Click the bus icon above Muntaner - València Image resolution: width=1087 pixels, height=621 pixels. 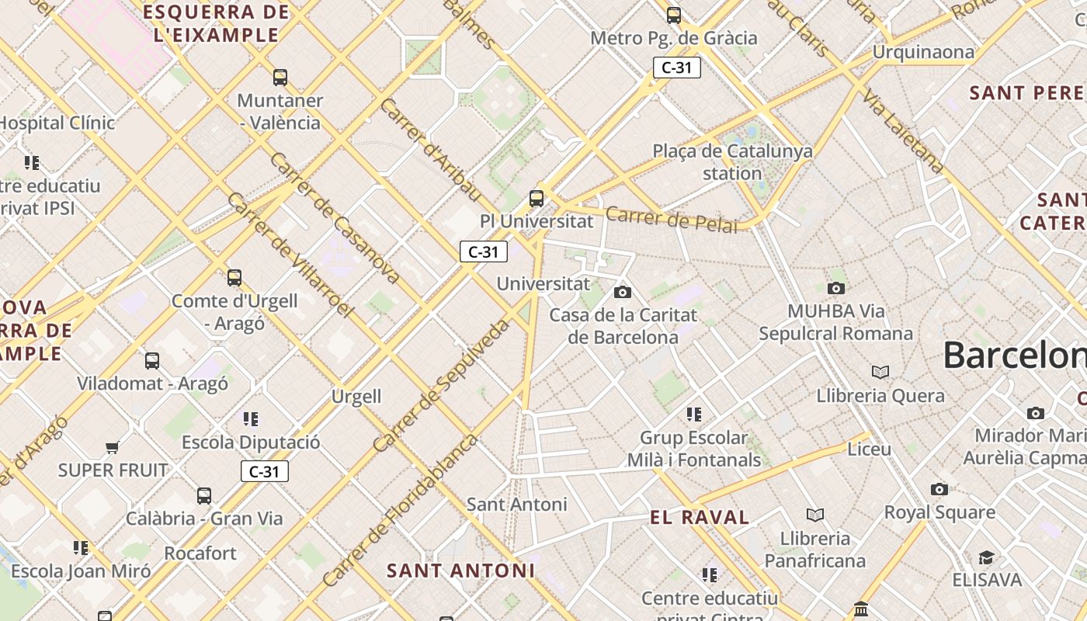[x=280, y=78]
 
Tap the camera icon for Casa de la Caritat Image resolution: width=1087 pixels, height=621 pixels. [x=623, y=293]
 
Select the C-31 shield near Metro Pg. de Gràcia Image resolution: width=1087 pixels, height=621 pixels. [x=677, y=68]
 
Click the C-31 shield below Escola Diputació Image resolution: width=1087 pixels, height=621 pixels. [x=264, y=471]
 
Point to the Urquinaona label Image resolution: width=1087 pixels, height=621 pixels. [x=923, y=52]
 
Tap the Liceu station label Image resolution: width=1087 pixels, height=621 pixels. [x=869, y=449]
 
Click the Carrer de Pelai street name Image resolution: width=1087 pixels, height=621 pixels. [x=671, y=219]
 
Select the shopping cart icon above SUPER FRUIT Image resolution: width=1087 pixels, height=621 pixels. [x=113, y=447]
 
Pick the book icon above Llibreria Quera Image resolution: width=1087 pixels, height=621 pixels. [x=880, y=373]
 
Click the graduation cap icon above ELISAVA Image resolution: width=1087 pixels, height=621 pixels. [x=986, y=557]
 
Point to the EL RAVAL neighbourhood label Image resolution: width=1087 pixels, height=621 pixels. [x=700, y=517]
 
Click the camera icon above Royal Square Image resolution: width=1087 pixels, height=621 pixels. [x=939, y=489]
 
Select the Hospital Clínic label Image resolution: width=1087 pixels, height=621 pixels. [x=57, y=123]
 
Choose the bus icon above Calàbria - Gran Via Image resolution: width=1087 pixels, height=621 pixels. [x=204, y=495]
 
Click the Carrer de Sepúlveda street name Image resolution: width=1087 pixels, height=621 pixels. [x=442, y=386]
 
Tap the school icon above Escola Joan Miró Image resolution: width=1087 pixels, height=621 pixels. [x=81, y=548]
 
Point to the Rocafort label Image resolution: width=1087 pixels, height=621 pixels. [x=200, y=553]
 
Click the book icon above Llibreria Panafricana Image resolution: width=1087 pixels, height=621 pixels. [x=815, y=515]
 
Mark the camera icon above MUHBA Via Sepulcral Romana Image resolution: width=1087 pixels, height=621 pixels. [x=836, y=289]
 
